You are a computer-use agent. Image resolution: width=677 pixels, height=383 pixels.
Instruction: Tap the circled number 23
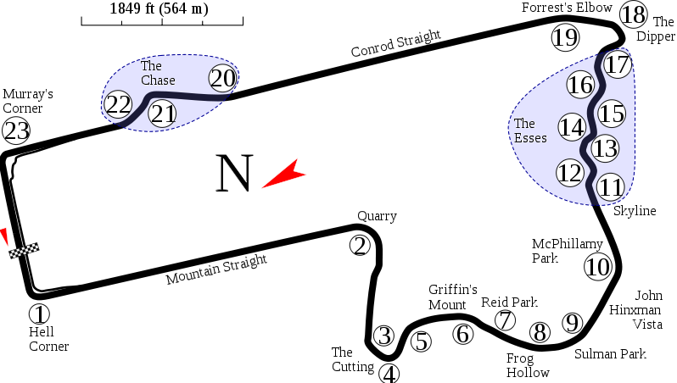pyautogui.click(x=16, y=131)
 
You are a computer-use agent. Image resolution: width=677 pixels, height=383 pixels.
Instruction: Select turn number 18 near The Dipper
pyautogui.click(x=632, y=14)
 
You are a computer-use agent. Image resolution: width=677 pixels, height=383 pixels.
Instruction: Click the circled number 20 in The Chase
pyautogui.click(x=221, y=79)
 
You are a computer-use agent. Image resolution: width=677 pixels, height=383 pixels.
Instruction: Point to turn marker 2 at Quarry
pyautogui.click(x=361, y=246)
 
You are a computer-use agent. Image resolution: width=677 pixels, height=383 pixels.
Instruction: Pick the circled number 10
pyautogui.click(x=597, y=267)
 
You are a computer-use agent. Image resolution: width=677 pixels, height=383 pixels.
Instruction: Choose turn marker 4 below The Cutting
pyautogui.click(x=389, y=372)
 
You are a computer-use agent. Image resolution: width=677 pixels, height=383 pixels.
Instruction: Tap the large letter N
pyautogui.click(x=234, y=174)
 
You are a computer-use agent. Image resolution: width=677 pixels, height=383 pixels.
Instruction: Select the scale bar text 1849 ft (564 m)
pyautogui.click(x=160, y=9)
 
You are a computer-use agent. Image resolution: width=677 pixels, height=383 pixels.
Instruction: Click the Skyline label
pyautogui.click(x=635, y=211)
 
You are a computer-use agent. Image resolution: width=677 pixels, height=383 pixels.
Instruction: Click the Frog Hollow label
pyautogui.click(x=528, y=364)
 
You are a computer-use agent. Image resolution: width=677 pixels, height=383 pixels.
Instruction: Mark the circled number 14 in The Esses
pyautogui.click(x=573, y=127)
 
